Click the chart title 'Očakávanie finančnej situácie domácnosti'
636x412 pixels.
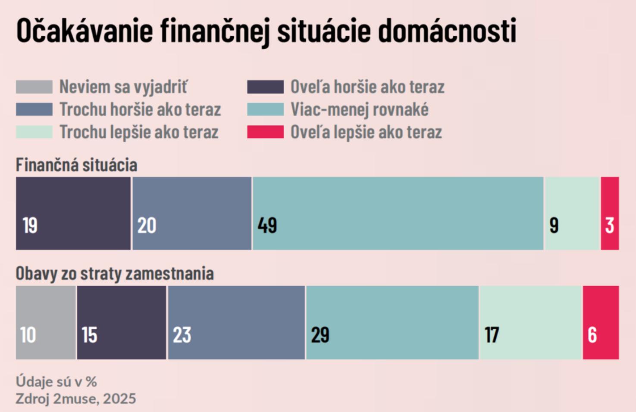click(x=266, y=31)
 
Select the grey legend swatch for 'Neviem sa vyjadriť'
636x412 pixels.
click(x=34, y=87)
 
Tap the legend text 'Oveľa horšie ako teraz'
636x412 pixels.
click(x=367, y=87)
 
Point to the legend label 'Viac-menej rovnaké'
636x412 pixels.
click(x=359, y=109)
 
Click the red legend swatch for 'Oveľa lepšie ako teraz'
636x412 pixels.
click(x=265, y=132)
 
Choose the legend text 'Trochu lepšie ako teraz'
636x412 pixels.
click(x=139, y=132)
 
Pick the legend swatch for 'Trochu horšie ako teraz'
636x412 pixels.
click(x=34, y=109)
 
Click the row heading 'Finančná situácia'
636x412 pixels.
click(x=76, y=165)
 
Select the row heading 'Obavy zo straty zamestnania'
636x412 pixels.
click(x=115, y=274)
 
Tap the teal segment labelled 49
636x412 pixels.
click(x=398, y=213)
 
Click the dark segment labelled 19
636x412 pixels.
click(x=73, y=213)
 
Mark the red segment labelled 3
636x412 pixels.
click(x=610, y=213)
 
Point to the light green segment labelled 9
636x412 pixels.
click(x=572, y=213)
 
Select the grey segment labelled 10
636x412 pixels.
click(x=46, y=322)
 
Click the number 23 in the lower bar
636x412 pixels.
click(x=182, y=335)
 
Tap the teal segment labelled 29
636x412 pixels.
click(x=392, y=322)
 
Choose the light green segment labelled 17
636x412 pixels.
click(x=531, y=322)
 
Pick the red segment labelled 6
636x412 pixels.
click(x=601, y=322)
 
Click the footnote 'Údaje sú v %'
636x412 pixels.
click(x=56, y=381)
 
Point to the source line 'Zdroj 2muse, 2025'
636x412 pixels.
click(x=75, y=399)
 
